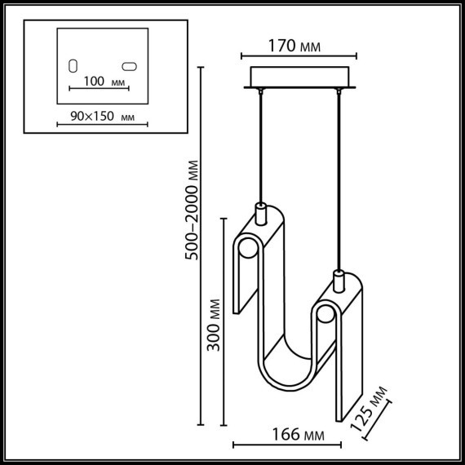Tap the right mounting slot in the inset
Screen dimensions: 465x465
[x=129, y=65]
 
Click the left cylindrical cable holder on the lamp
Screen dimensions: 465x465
[x=261, y=214]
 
